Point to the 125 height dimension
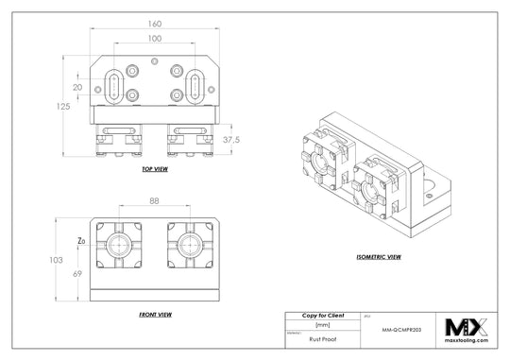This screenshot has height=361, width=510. (64, 107)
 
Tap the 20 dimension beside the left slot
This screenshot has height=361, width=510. (77, 87)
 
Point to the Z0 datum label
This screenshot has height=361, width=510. (81, 241)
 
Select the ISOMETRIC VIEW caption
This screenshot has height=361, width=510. (380, 257)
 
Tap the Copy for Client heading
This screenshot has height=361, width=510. (323, 315)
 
